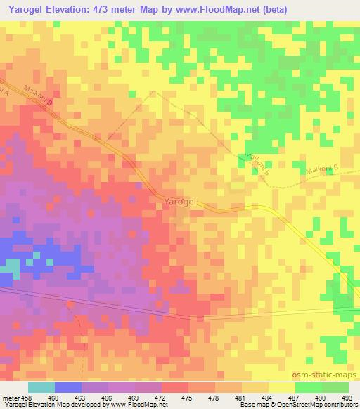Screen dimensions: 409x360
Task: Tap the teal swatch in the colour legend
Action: click(41, 387)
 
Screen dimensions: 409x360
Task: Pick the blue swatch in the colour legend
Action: click(67, 387)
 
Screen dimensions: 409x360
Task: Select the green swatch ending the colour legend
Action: click(335, 387)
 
